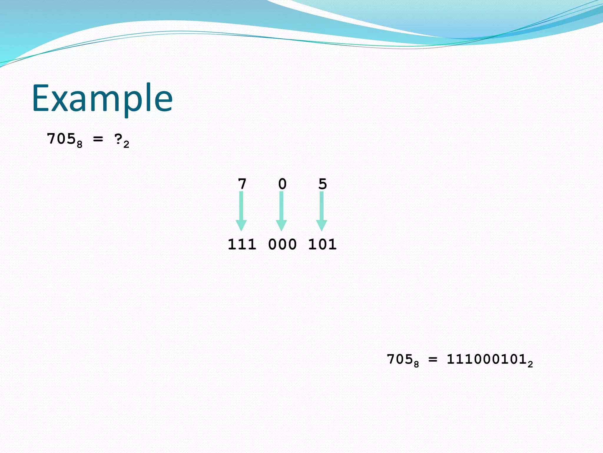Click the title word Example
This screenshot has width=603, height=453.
click(102, 98)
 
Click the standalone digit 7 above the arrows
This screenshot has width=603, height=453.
click(242, 184)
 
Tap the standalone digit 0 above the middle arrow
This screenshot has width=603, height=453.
click(282, 184)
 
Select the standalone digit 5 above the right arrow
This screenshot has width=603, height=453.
click(322, 184)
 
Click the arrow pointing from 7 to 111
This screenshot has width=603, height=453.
click(241, 211)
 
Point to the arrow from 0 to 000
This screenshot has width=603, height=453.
click(281, 211)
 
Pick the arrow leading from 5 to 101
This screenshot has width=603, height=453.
click(322, 211)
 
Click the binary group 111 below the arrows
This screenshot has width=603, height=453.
click(242, 244)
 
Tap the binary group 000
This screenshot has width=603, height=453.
click(282, 244)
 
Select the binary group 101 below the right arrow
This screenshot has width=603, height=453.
click(322, 244)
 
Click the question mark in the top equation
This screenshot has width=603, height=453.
click(118, 139)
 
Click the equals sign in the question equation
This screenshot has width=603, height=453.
click(98, 139)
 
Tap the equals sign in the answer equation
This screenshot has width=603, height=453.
click(433, 360)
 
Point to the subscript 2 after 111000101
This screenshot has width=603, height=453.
click(530, 365)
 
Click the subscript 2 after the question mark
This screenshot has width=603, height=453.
click(126, 145)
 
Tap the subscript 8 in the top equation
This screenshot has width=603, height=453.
click(79, 145)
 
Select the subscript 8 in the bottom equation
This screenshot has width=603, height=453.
click(416, 365)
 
